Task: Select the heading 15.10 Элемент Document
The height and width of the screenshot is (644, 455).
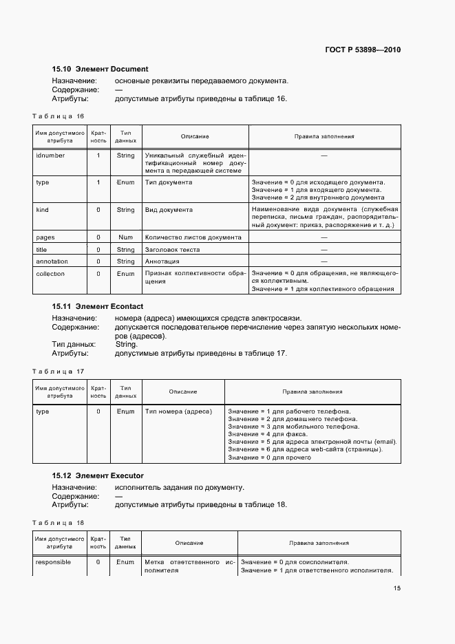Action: click(100, 69)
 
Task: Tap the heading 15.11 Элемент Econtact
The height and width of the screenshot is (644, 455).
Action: click(98, 305)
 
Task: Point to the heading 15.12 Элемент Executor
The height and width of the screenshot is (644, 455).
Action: click(98, 475)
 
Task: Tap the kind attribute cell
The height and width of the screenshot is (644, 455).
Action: click(42, 210)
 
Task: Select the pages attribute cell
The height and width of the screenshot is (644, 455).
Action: click(45, 237)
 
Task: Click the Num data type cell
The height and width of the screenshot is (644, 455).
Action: click(125, 237)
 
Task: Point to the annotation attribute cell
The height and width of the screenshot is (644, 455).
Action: click(52, 261)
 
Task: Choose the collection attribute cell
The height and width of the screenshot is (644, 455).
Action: click(50, 274)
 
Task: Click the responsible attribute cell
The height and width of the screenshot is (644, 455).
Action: click(53, 562)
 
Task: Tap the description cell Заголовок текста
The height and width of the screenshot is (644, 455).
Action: click(172, 249)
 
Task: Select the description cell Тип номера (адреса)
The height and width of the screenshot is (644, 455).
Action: click(178, 411)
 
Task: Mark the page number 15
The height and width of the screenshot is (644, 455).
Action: click(396, 588)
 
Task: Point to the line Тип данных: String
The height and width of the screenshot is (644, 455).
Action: click(95, 344)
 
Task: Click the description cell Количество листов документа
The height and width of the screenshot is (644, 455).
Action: click(193, 237)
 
